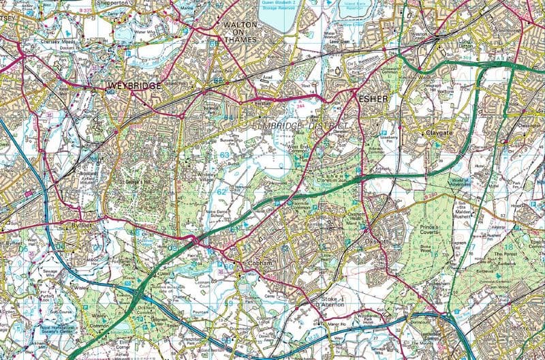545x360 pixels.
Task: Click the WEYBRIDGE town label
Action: (134, 85)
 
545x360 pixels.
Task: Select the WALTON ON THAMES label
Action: (239, 32)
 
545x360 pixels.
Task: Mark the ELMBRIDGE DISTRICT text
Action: (297, 127)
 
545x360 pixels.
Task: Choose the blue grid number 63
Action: (225, 156)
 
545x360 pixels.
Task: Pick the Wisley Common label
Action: (99, 321)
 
